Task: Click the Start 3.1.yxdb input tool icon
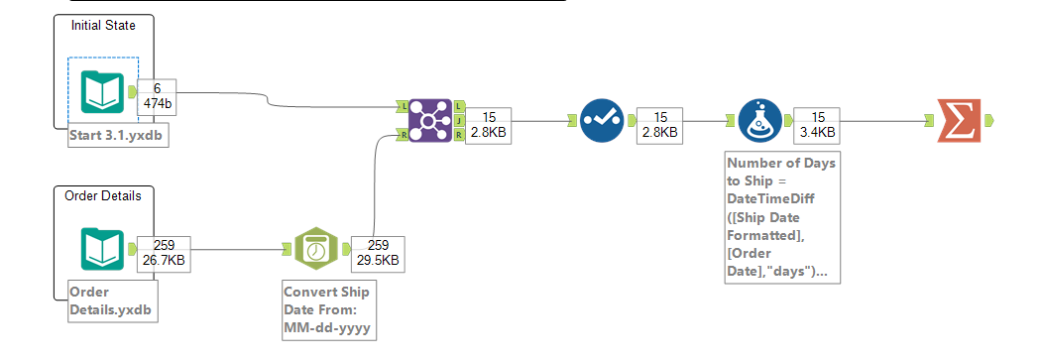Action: [x=102, y=91]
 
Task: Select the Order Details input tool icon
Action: [x=102, y=248]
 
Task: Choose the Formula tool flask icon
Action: [x=760, y=120]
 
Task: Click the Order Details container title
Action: [x=103, y=195]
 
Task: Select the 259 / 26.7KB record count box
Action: [x=163, y=253]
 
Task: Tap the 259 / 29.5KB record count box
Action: [x=377, y=253]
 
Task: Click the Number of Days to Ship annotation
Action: [x=781, y=217]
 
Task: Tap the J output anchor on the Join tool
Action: [x=460, y=120]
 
